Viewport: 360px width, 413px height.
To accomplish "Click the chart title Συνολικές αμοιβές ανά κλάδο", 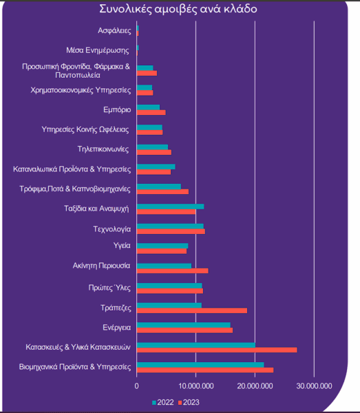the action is click(178, 9).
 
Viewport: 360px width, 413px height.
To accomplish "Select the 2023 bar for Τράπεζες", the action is click(192, 310).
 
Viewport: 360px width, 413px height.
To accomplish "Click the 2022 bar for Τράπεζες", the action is click(169, 305).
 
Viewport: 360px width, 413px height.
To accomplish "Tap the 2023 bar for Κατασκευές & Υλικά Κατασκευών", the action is click(217, 350).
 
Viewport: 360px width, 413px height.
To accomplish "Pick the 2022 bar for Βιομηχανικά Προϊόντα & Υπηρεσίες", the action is click(200, 365).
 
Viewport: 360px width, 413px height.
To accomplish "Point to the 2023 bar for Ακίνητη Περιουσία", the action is click(173, 271).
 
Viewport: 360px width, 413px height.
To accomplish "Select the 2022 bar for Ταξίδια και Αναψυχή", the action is click(171, 206).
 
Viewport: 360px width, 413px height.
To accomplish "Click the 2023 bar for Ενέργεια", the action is click(185, 330).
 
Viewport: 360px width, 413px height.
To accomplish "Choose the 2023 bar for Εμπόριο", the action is click(151, 112).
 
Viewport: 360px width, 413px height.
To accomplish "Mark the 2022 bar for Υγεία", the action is click(162, 246).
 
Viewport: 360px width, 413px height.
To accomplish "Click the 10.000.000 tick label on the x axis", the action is click(196, 386).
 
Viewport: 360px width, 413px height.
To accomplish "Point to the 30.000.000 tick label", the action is click(314, 386).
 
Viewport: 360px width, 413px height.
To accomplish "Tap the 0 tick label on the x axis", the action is click(137, 386).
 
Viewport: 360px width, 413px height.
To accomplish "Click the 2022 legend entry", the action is click(163, 403).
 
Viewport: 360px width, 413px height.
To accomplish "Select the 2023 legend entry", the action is click(189, 403).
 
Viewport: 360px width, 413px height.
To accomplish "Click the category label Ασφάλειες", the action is click(114, 30).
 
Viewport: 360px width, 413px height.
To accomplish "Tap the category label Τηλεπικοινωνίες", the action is click(103, 149).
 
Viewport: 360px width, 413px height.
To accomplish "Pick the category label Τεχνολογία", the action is click(112, 229).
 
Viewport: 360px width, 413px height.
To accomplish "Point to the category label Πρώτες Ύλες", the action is click(109, 288).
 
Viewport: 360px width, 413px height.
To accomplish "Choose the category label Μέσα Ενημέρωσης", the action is click(98, 50).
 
